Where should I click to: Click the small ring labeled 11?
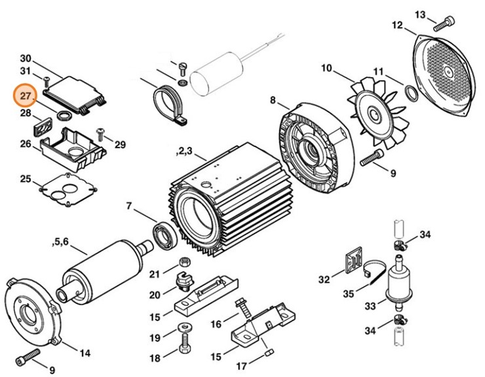[x=412, y=93]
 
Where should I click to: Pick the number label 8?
[x=273, y=100]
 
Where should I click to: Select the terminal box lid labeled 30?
[x=79, y=90]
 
